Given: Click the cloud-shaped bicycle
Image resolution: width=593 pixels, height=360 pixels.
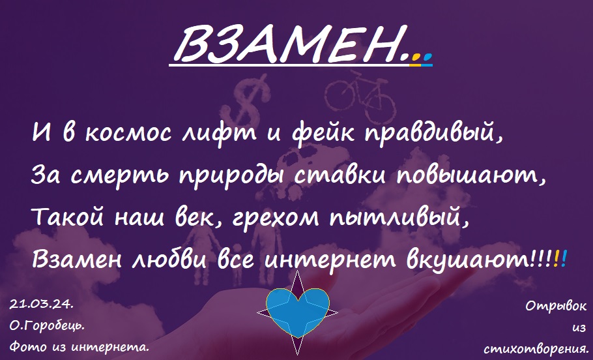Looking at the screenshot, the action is [x=360, y=97].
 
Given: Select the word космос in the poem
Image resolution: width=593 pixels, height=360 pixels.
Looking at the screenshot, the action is [x=128, y=133].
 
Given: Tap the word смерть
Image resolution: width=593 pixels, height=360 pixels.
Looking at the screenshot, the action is [x=119, y=176].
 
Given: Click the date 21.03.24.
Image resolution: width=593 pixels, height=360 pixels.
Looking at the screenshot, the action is [x=41, y=304].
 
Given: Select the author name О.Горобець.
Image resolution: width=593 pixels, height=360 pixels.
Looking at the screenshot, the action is [x=47, y=326].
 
